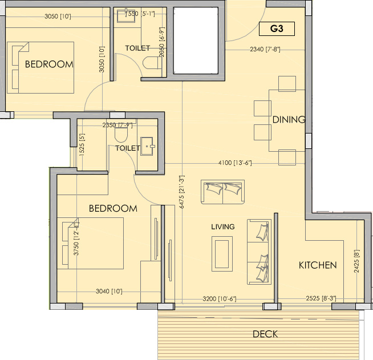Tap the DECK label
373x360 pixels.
pyautogui.click(x=265, y=334)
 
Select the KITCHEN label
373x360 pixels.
pyautogui.click(x=318, y=265)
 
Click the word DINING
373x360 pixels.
pyautogui.click(x=289, y=120)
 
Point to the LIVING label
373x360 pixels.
pyautogui.click(x=222, y=226)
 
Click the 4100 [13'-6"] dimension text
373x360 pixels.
pyautogui.click(x=234, y=163)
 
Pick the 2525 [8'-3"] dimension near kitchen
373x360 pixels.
pyautogui.click(x=317, y=298)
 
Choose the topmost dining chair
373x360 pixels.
pyautogui.click(x=287, y=84)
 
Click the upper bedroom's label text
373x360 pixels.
pyautogui.click(x=49, y=64)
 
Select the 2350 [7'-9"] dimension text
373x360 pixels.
pyautogui.click(x=117, y=125)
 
